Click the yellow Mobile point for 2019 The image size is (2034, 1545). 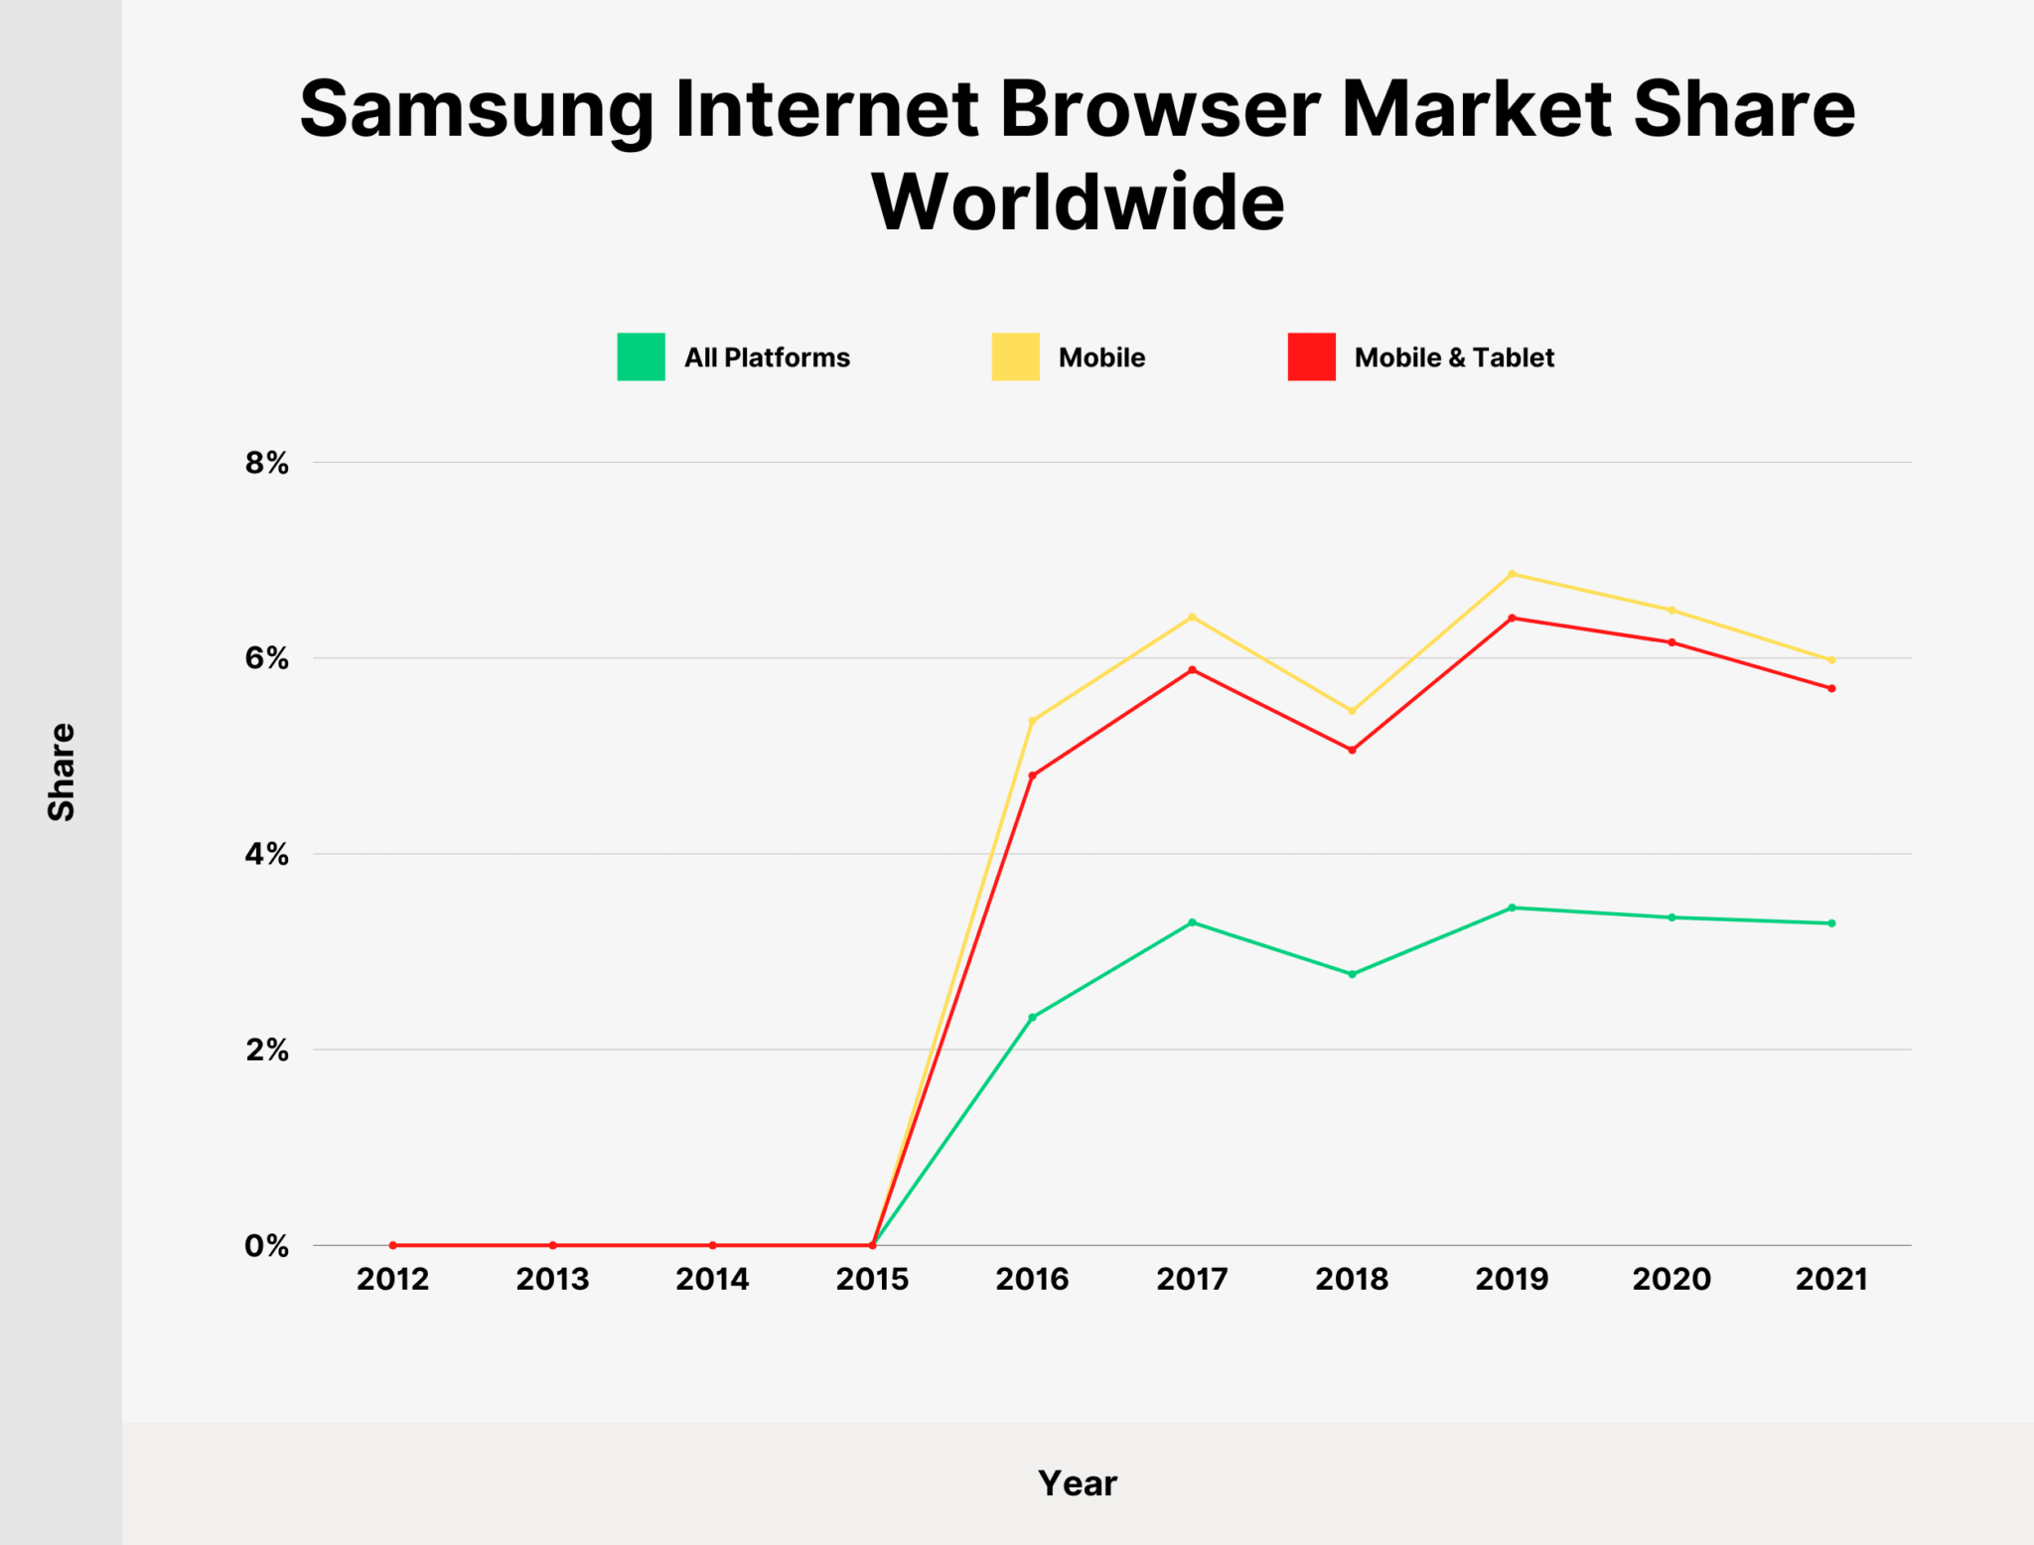click(1512, 574)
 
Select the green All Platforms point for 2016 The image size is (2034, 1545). click(1032, 1017)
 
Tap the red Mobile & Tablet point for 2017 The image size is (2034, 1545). click(1192, 670)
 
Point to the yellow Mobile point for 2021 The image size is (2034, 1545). click(1831, 660)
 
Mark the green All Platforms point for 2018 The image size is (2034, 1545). click(1352, 974)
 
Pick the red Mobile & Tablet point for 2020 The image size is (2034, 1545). click(1671, 642)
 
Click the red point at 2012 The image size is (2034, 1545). click(393, 1245)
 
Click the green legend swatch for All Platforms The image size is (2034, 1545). click(641, 357)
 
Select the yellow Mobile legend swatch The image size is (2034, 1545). click(1015, 357)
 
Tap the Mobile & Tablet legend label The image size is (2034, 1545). click(1453, 357)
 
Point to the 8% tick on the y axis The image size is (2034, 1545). click(266, 463)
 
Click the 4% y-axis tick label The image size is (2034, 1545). click(266, 854)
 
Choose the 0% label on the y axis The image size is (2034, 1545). click(266, 1246)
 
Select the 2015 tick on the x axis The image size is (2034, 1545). click(872, 1279)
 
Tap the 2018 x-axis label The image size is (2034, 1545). click(1352, 1279)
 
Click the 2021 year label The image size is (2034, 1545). click(1831, 1279)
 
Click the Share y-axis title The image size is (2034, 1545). click(62, 772)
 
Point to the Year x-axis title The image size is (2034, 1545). click(1078, 1483)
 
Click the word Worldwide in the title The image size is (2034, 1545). click(1078, 203)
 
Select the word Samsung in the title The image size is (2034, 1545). click(477, 109)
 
